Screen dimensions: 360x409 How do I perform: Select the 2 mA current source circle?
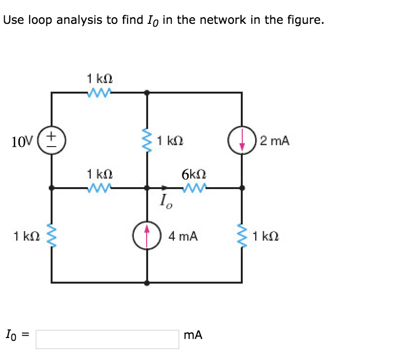[x=242, y=141]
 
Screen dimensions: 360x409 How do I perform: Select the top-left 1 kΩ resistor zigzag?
[x=100, y=92]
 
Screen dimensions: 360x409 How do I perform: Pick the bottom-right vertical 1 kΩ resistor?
[x=242, y=236]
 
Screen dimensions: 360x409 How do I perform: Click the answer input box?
[x=107, y=339]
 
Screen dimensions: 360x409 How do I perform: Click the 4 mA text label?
[x=183, y=236]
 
